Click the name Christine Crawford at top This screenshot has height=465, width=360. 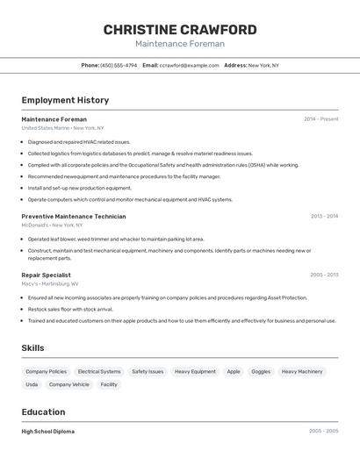tap(180, 30)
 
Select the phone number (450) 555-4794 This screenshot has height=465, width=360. tap(119, 65)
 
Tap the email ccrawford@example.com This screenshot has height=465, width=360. tap(190, 65)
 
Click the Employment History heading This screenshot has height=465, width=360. tap(65, 100)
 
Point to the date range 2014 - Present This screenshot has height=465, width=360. tap(320, 119)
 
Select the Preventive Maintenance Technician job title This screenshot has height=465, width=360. tap(74, 216)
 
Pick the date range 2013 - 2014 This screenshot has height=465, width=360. tap(324, 216)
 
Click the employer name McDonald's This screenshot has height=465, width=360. tap(38, 225)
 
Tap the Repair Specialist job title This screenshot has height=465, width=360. tap(47, 275)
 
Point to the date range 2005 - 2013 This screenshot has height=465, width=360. tap(324, 275)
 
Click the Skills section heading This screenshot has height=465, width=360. tap(32, 348)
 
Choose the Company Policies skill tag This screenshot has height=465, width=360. tap(46, 371)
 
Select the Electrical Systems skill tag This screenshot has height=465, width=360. tap(99, 371)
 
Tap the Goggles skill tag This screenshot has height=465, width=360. tap(261, 371)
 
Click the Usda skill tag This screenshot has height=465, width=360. tap(32, 384)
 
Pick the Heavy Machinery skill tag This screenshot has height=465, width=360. tap(302, 371)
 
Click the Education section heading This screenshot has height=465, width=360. tap(43, 411)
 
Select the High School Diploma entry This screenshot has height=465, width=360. tap(48, 432)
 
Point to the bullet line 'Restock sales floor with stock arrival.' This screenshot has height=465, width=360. tap(70, 309)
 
